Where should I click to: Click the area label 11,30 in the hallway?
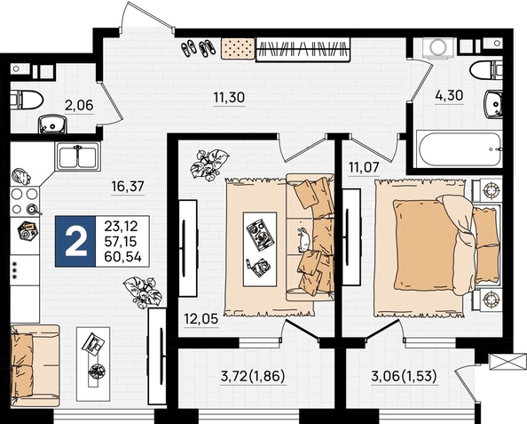[229, 98]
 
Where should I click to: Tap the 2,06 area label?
[79, 106]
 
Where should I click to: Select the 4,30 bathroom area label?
[449, 95]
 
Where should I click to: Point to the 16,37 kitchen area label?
[128, 186]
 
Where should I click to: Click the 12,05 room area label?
[201, 318]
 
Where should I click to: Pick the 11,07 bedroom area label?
[364, 167]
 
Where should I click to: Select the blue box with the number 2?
[75, 242]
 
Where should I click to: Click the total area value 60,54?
[122, 257]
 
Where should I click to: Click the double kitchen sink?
[78, 156]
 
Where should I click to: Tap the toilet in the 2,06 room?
[27, 100]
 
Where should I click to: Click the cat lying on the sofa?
[303, 239]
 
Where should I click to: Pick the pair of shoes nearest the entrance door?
[189, 49]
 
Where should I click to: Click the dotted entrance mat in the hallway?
[238, 49]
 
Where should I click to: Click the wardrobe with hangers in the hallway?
[303, 49]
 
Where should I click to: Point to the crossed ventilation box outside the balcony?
[507, 362]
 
